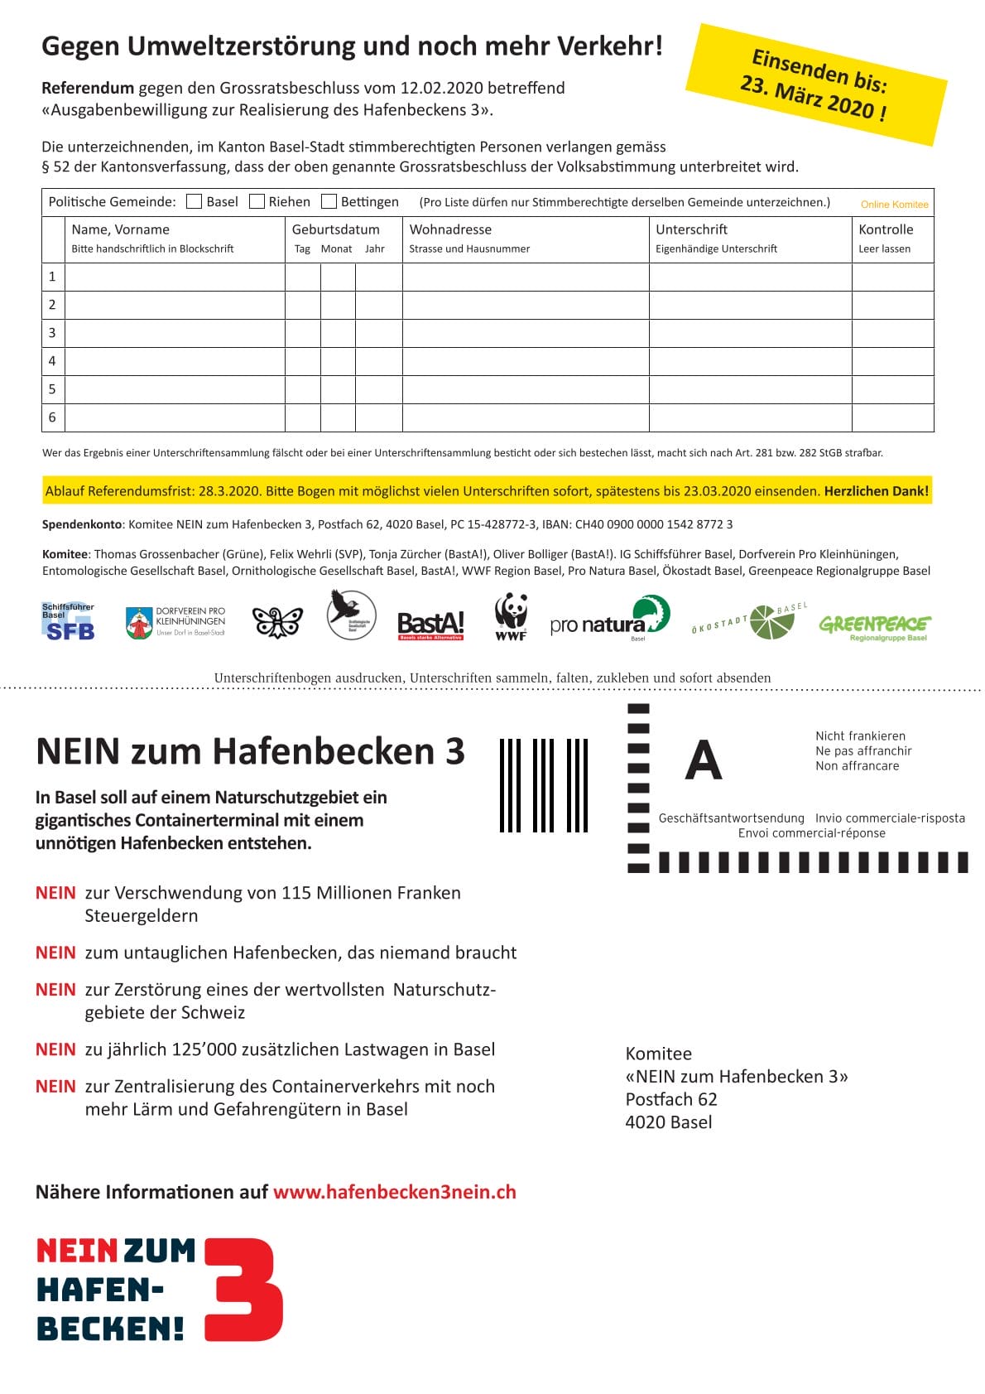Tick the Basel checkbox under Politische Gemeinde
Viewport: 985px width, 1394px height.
[x=195, y=201]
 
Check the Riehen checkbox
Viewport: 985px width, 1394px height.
[x=257, y=201]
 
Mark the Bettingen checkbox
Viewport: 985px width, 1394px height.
[x=329, y=201]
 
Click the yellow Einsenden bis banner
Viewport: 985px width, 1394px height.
[x=816, y=84]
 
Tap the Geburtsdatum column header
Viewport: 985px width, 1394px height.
[x=335, y=229]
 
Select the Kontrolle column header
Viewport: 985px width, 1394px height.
[x=886, y=229]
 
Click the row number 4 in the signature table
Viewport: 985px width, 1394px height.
[x=52, y=361]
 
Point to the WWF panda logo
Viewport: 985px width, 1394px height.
[x=511, y=616]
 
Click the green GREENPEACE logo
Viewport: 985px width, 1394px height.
[x=874, y=625]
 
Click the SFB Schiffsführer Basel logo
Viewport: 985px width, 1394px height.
[x=69, y=622]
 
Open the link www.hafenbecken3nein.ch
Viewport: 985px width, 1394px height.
[x=394, y=1192]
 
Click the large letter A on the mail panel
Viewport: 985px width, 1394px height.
[x=704, y=760]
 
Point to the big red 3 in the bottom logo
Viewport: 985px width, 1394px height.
[x=245, y=1289]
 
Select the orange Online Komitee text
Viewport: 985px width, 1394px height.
[x=894, y=205]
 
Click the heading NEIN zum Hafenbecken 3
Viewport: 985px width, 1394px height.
[x=250, y=751]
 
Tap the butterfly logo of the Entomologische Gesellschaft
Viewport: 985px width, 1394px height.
[x=276, y=622]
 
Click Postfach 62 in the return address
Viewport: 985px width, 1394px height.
[x=671, y=1099]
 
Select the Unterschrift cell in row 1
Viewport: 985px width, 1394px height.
[x=750, y=277]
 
